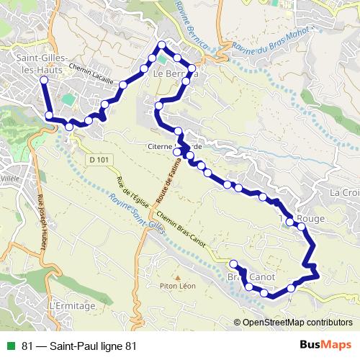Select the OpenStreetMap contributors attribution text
point(296,323)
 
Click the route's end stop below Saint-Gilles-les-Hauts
point(49,115)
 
